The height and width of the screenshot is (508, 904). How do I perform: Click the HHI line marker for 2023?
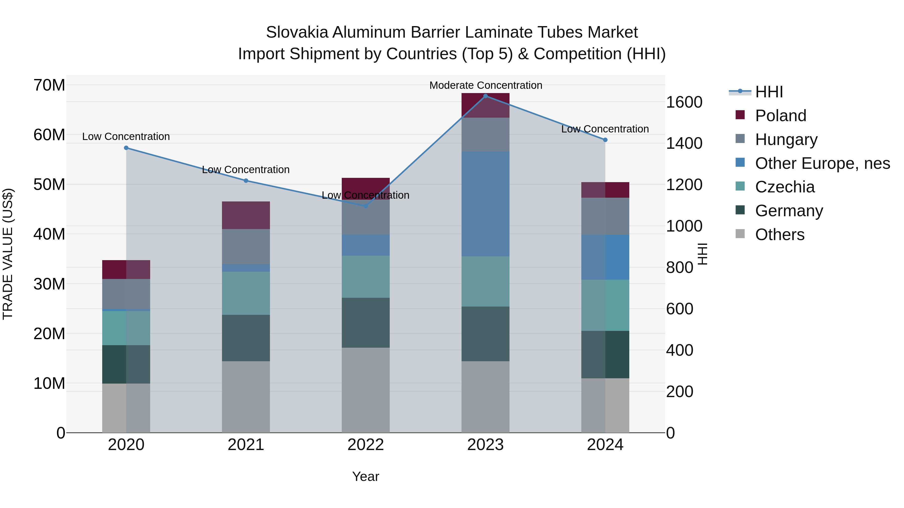point(485,96)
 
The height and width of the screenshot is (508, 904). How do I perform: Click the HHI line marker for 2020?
point(126,148)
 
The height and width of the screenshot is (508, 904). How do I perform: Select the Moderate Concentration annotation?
point(486,85)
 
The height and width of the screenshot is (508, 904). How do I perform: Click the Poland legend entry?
point(780,116)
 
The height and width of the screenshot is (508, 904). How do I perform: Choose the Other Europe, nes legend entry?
point(822,163)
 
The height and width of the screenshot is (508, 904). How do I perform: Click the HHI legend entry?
point(769,92)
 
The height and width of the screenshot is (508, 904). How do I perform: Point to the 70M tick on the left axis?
point(49,85)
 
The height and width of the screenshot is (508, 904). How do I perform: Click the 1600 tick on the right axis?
point(684,102)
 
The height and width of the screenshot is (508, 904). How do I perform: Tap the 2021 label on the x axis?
point(246,445)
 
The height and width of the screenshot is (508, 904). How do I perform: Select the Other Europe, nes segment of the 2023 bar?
point(485,204)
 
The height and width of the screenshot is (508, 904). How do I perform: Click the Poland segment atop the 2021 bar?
point(246,215)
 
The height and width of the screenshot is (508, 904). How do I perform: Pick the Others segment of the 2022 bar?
point(365,390)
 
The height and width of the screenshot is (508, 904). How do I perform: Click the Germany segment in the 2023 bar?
point(485,334)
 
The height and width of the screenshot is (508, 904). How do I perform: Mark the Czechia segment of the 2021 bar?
point(246,293)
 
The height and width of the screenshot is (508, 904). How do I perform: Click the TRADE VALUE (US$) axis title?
point(8,254)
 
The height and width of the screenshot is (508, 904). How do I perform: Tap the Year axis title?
point(365,476)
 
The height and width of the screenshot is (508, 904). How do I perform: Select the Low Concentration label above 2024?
point(605,129)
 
